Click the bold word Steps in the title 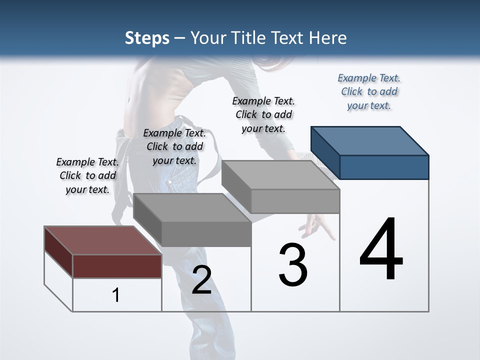(x=147, y=38)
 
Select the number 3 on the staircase (x=293, y=265)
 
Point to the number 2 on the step (x=201, y=280)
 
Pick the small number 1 (x=115, y=295)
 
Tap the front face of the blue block (x=384, y=167)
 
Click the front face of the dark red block (x=117, y=266)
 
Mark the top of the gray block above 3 (x=280, y=175)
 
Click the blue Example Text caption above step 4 (x=369, y=92)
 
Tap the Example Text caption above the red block (x=87, y=175)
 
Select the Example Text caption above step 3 (x=263, y=114)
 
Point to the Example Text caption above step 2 (x=174, y=146)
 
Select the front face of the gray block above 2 (x=206, y=234)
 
